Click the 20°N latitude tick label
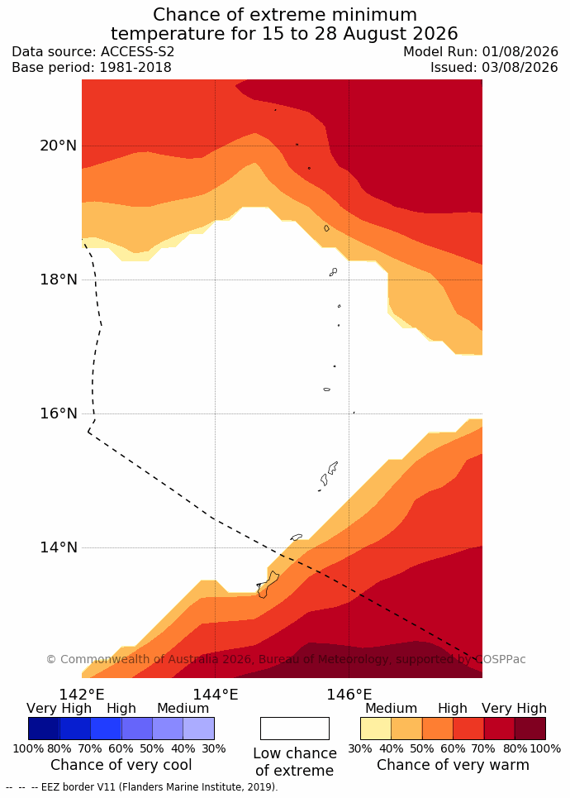(x=59, y=146)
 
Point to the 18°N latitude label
(x=59, y=280)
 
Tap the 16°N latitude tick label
(x=59, y=413)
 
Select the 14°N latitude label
(x=59, y=547)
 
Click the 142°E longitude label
(x=82, y=694)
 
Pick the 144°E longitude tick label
(x=215, y=694)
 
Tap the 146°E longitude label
(x=349, y=694)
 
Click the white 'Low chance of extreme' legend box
(x=295, y=729)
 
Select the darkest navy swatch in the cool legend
(x=44, y=729)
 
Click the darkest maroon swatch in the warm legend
(x=530, y=729)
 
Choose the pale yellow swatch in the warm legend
(x=376, y=729)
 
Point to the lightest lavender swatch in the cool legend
(x=199, y=729)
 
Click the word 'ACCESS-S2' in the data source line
(x=137, y=52)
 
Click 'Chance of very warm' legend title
(x=453, y=765)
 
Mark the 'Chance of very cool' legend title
(x=121, y=765)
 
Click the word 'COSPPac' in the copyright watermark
(x=500, y=660)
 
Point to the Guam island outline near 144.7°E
(x=268, y=585)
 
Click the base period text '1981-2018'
(x=135, y=68)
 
